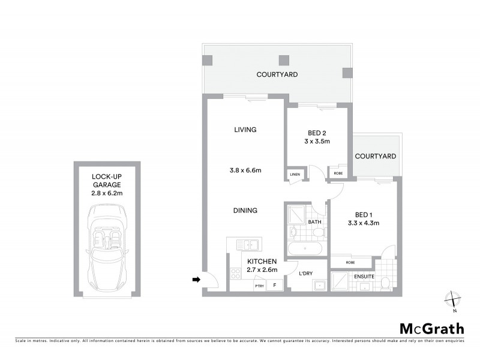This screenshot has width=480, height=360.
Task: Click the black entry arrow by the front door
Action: [x=196, y=279]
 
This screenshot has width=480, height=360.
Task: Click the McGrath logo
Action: [x=431, y=328]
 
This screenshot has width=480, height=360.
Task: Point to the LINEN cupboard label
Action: [x=295, y=175]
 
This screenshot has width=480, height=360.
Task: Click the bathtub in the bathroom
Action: [x=305, y=248]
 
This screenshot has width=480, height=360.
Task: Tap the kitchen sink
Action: [x=247, y=244]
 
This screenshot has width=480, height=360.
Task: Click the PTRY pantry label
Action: [x=259, y=286]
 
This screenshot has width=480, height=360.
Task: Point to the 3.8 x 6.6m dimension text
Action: [x=245, y=170]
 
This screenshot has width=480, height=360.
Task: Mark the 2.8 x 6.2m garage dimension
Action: [x=107, y=193]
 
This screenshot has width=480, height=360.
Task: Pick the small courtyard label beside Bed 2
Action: [x=376, y=156]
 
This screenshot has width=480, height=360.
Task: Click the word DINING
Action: [x=245, y=211]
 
